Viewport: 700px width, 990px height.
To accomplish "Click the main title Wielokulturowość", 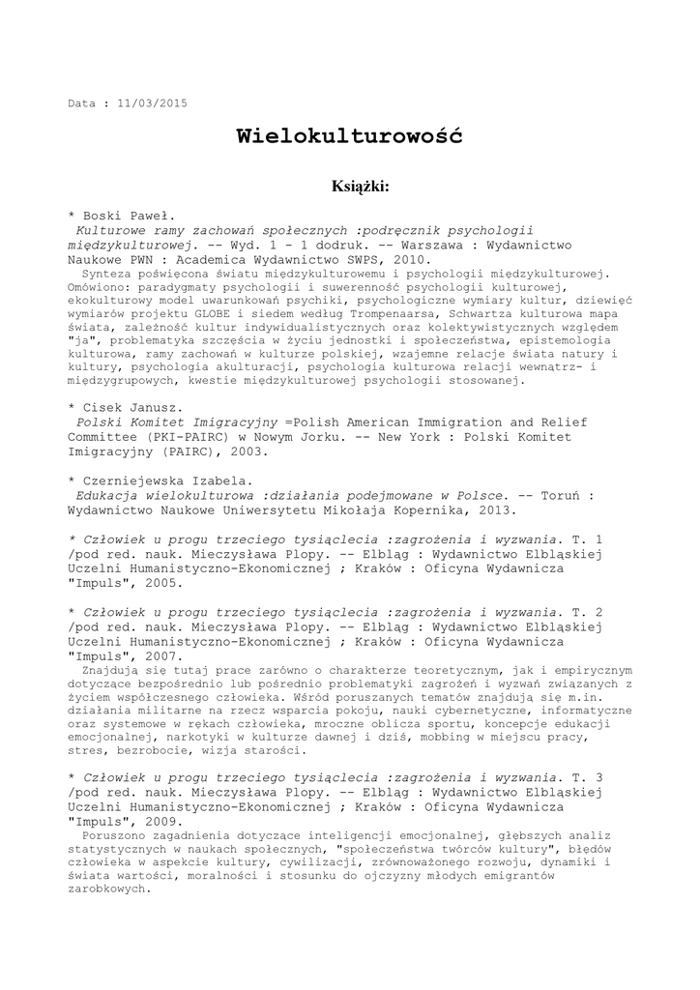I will pyautogui.click(x=349, y=136).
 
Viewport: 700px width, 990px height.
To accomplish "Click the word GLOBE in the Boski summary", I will pyautogui.click(x=212, y=313).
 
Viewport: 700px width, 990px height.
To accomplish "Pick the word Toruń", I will pyautogui.click(x=566, y=494).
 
